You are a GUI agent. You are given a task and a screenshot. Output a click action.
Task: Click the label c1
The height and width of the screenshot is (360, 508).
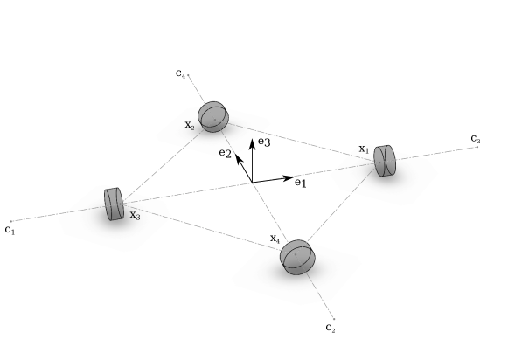pos(10,230)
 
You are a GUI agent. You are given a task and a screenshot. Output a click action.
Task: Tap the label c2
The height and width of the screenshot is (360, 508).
pos(330,328)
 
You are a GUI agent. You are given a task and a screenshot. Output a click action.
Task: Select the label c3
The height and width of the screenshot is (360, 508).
pos(476,138)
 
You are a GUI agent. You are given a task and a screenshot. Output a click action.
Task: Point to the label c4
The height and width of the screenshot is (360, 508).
pos(181,75)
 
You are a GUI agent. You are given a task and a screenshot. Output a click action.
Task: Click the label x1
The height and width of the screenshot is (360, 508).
pos(364,149)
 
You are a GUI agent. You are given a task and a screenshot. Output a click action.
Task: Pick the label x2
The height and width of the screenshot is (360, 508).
pos(190,125)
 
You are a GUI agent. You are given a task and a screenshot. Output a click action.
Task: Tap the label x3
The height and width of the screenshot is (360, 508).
pos(135,214)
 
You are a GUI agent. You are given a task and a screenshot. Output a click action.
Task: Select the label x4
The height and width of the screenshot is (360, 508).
pos(275,239)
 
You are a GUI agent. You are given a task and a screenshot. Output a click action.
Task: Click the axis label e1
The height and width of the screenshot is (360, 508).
pos(301,183)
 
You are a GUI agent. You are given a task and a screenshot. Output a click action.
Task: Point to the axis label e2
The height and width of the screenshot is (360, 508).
pos(225,153)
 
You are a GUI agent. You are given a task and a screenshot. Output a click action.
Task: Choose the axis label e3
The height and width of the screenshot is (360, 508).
pos(264,142)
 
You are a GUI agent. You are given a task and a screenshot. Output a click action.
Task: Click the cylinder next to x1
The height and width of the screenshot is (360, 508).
pos(385,161)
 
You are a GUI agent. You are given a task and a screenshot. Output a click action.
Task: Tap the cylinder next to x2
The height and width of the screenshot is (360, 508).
pos(213,115)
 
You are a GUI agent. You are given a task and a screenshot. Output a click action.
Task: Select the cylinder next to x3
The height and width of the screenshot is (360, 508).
pos(114,204)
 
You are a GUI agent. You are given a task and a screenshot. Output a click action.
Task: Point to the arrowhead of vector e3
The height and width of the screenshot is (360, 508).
pos(252,142)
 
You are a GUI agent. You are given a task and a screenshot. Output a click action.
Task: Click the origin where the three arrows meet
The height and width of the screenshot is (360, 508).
pos(252,183)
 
